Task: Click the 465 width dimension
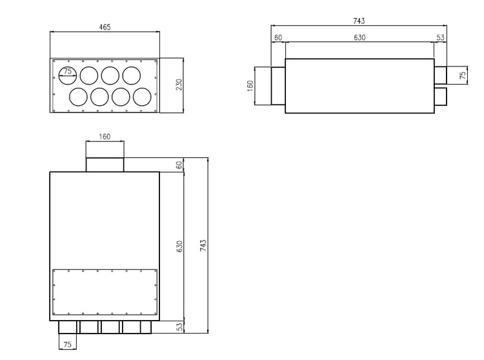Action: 105,27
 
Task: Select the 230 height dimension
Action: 179,85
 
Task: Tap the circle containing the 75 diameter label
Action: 68,75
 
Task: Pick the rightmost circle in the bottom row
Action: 141,97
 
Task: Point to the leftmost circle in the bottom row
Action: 78,97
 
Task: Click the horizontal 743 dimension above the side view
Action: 359,21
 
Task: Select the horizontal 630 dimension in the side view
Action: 359,37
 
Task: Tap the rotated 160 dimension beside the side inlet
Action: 250,85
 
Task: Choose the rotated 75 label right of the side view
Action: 463,75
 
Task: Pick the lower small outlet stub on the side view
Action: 441,97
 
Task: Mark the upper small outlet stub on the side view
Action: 441,75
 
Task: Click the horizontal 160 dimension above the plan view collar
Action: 105,137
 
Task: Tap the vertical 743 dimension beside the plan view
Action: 203,245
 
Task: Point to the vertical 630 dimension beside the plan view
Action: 180,246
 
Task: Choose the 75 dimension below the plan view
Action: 68,345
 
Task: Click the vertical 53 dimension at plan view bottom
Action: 180,328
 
